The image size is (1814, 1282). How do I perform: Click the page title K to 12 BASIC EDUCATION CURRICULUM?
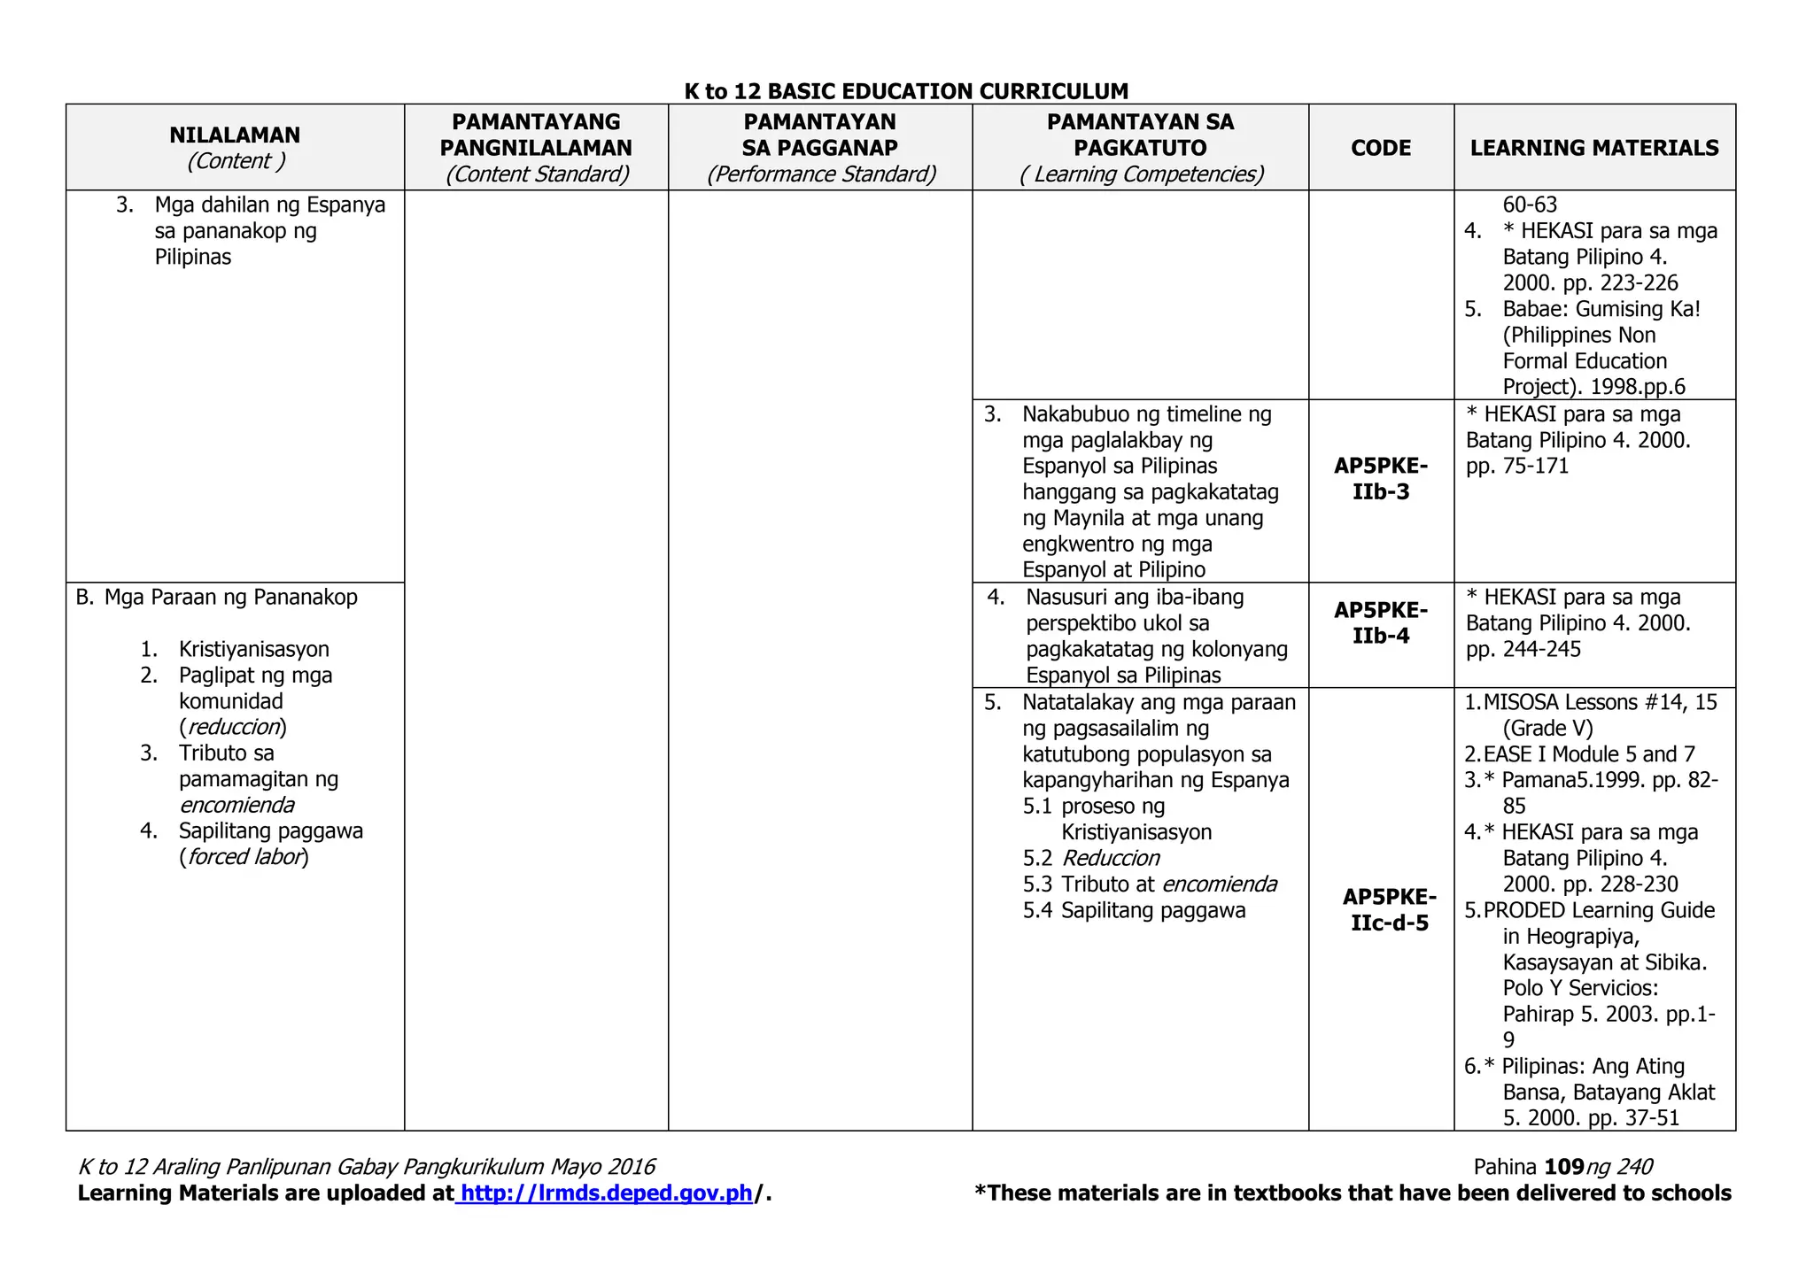(x=906, y=91)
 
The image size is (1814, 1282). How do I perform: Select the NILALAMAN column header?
(x=235, y=135)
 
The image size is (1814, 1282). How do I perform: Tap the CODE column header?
(x=1380, y=148)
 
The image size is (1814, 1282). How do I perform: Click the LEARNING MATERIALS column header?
(x=1593, y=148)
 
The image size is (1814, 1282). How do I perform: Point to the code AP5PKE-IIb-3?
(x=1380, y=479)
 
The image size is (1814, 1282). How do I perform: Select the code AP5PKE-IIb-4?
(x=1380, y=623)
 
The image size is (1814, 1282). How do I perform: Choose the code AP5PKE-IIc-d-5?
(x=1389, y=909)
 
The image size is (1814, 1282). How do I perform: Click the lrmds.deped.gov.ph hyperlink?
(x=607, y=1193)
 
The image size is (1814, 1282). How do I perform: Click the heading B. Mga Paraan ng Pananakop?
(x=217, y=598)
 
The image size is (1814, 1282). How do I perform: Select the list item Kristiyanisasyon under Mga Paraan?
(x=253, y=649)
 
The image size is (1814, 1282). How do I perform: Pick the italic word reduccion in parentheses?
(x=233, y=727)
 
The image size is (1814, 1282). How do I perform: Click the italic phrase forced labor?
(x=244, y=857)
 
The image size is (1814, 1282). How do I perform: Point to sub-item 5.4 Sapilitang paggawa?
(x=1135, y=910)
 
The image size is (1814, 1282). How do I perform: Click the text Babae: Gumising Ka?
(x=1601, y=309)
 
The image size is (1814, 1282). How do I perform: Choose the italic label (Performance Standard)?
(x=820, y=174)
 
